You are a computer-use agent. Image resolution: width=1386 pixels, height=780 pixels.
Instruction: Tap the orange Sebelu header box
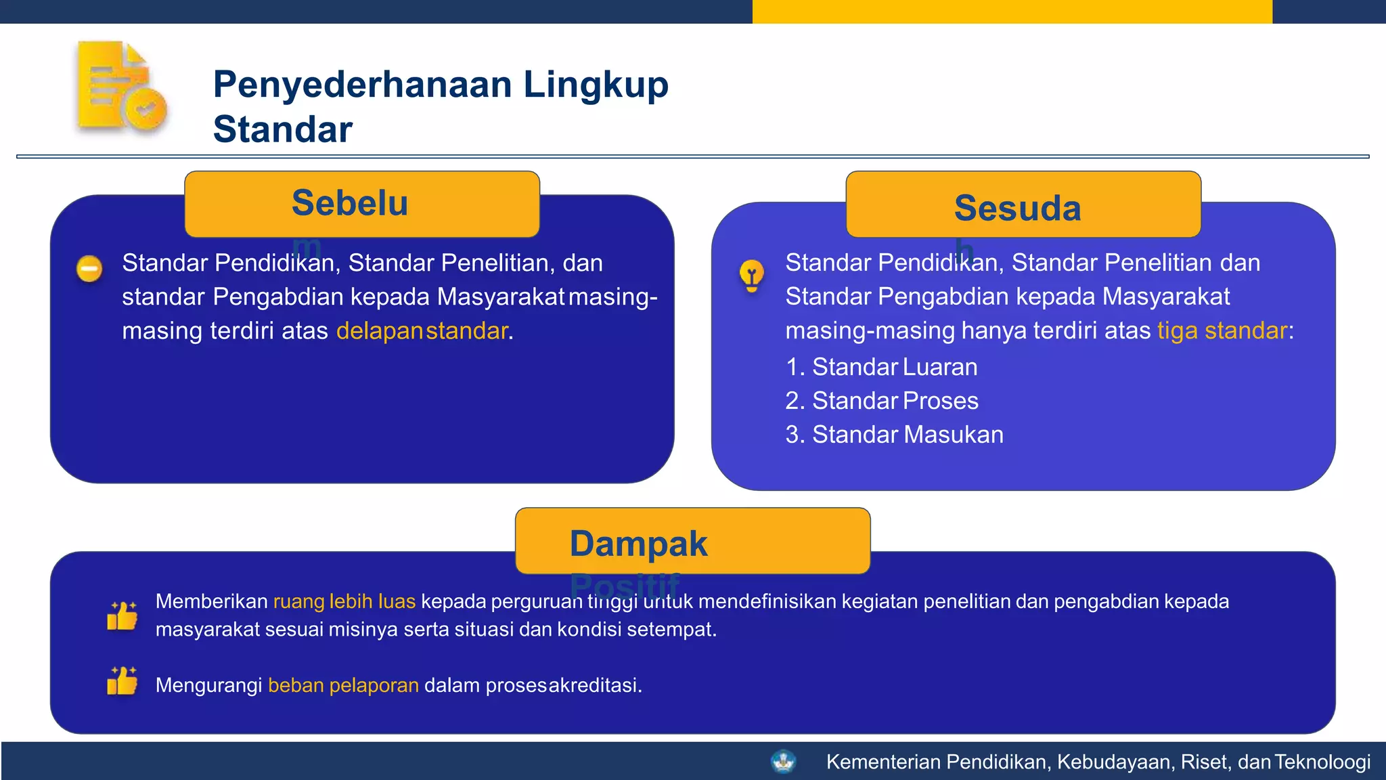coord(361,204)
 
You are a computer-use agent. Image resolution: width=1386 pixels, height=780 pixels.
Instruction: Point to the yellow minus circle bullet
coord(89,269)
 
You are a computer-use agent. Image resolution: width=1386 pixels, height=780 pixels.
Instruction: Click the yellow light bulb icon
coord(751,275)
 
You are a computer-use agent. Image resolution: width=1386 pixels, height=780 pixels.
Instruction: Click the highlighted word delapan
coord(379,330)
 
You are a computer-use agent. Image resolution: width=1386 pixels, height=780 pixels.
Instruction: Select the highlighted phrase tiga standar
coord(1222,330)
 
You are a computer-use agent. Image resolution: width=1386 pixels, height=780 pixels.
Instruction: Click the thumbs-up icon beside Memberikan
coord(122,615)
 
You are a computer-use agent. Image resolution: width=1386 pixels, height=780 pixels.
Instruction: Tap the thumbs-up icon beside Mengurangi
coord(122,680)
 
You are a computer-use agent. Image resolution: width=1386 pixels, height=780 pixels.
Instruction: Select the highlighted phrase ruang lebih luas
coord(344,601)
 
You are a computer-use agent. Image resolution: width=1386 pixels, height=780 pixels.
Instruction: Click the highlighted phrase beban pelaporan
coord(343,685)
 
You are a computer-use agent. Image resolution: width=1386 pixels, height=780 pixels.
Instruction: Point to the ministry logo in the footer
coord(783,762)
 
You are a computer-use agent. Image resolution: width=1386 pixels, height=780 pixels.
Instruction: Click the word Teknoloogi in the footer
coord(1323,762)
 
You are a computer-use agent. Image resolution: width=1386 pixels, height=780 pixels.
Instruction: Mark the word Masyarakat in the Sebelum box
coord(501,297)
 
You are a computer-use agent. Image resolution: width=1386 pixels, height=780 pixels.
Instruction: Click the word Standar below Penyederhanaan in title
coord(283,129)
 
